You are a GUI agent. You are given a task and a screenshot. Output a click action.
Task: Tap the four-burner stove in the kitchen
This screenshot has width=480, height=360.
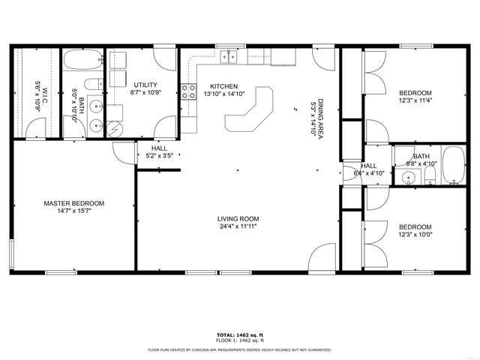[x=187, y=91]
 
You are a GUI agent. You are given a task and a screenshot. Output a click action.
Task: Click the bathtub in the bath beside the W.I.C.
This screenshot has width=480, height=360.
[x=82, y=59]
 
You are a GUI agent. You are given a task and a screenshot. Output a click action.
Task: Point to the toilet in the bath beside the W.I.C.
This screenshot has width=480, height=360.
[x=91, y=83]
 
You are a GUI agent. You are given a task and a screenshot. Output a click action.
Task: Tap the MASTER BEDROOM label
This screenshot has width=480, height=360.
[x=73, y=203]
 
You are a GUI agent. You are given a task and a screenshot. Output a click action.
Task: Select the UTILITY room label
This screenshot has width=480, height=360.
[x=145, y=85]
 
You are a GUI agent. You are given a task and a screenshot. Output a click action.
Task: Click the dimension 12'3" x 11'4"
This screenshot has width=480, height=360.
[x=415, y=100]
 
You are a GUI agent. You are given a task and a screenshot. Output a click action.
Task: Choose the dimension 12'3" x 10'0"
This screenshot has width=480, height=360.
[x=415, y=235]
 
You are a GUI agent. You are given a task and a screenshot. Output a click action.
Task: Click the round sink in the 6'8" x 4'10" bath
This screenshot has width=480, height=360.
[x=407, y=178]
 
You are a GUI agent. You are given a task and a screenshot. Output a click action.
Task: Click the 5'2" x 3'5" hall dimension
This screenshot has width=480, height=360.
[x=159, y=157]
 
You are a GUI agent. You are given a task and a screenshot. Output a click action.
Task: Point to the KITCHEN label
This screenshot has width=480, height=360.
[x=223, y=86]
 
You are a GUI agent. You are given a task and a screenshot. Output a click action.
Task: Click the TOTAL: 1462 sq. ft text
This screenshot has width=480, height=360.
[x=240, y=334]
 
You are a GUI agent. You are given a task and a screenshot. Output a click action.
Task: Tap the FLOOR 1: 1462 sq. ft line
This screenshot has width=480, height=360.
[x=240, y=340]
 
